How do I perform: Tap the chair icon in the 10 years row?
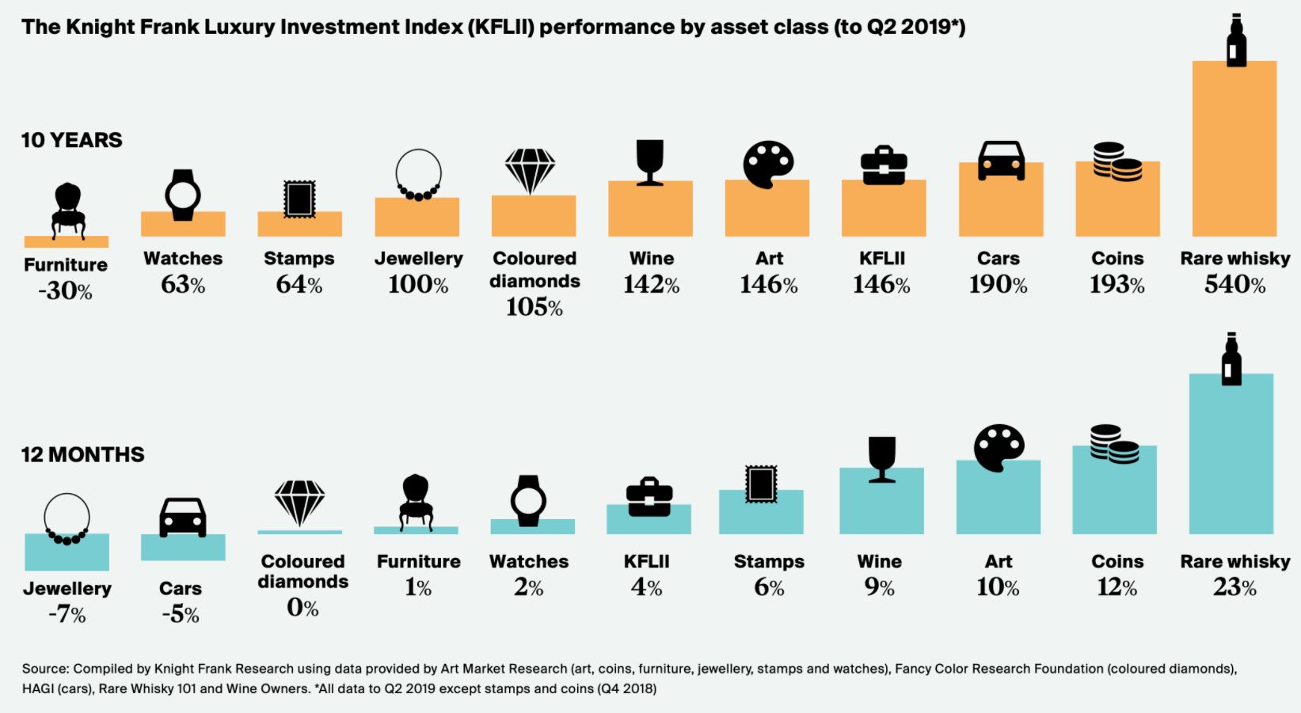[x=67, y=210]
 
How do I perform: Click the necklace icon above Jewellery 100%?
[x=418, y=175]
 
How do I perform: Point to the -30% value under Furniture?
[x=65, y=291]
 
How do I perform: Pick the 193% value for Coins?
[x=1117, y=284]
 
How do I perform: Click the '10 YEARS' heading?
[x=71, y=140]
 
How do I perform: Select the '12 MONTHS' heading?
[x=82, y=454]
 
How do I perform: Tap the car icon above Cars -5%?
[x=183, y=518]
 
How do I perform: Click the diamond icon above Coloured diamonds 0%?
[x=299, y=503]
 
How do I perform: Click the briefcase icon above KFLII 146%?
[x=884, y=165]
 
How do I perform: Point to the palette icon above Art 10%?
[x=999, y=448]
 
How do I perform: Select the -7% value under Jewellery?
[x=67, y=614]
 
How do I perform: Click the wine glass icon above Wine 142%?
[x=650, y=163]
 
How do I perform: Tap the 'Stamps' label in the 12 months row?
[x=768, y=562]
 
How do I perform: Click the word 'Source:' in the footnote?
[x=45, y=669]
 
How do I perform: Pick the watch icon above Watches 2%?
[x=528, y=500]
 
